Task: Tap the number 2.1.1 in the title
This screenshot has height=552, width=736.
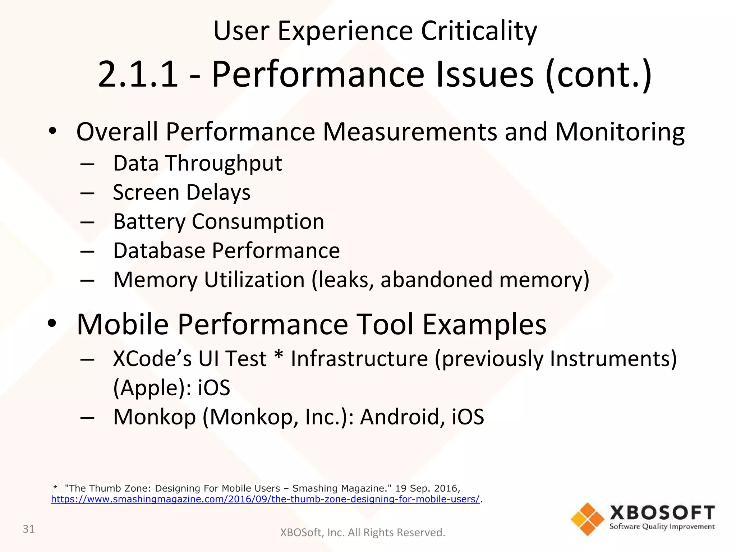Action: tap(138, 74)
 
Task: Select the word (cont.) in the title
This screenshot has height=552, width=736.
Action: tap(598, 74)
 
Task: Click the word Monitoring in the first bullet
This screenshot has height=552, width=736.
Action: tap(620, 132)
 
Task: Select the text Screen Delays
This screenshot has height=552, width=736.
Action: tap(181, 192)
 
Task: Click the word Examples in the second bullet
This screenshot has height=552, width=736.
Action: tap(484, 324)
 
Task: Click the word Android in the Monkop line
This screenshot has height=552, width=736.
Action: tap(400, 417)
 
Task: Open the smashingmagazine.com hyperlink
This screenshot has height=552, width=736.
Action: tap(265, 499)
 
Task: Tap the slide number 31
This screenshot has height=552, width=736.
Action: tap(29, 529)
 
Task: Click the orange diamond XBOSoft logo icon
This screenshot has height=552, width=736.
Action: tap(587, 519)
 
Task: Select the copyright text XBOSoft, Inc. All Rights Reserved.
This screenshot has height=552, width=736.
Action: tap(362, 532)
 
